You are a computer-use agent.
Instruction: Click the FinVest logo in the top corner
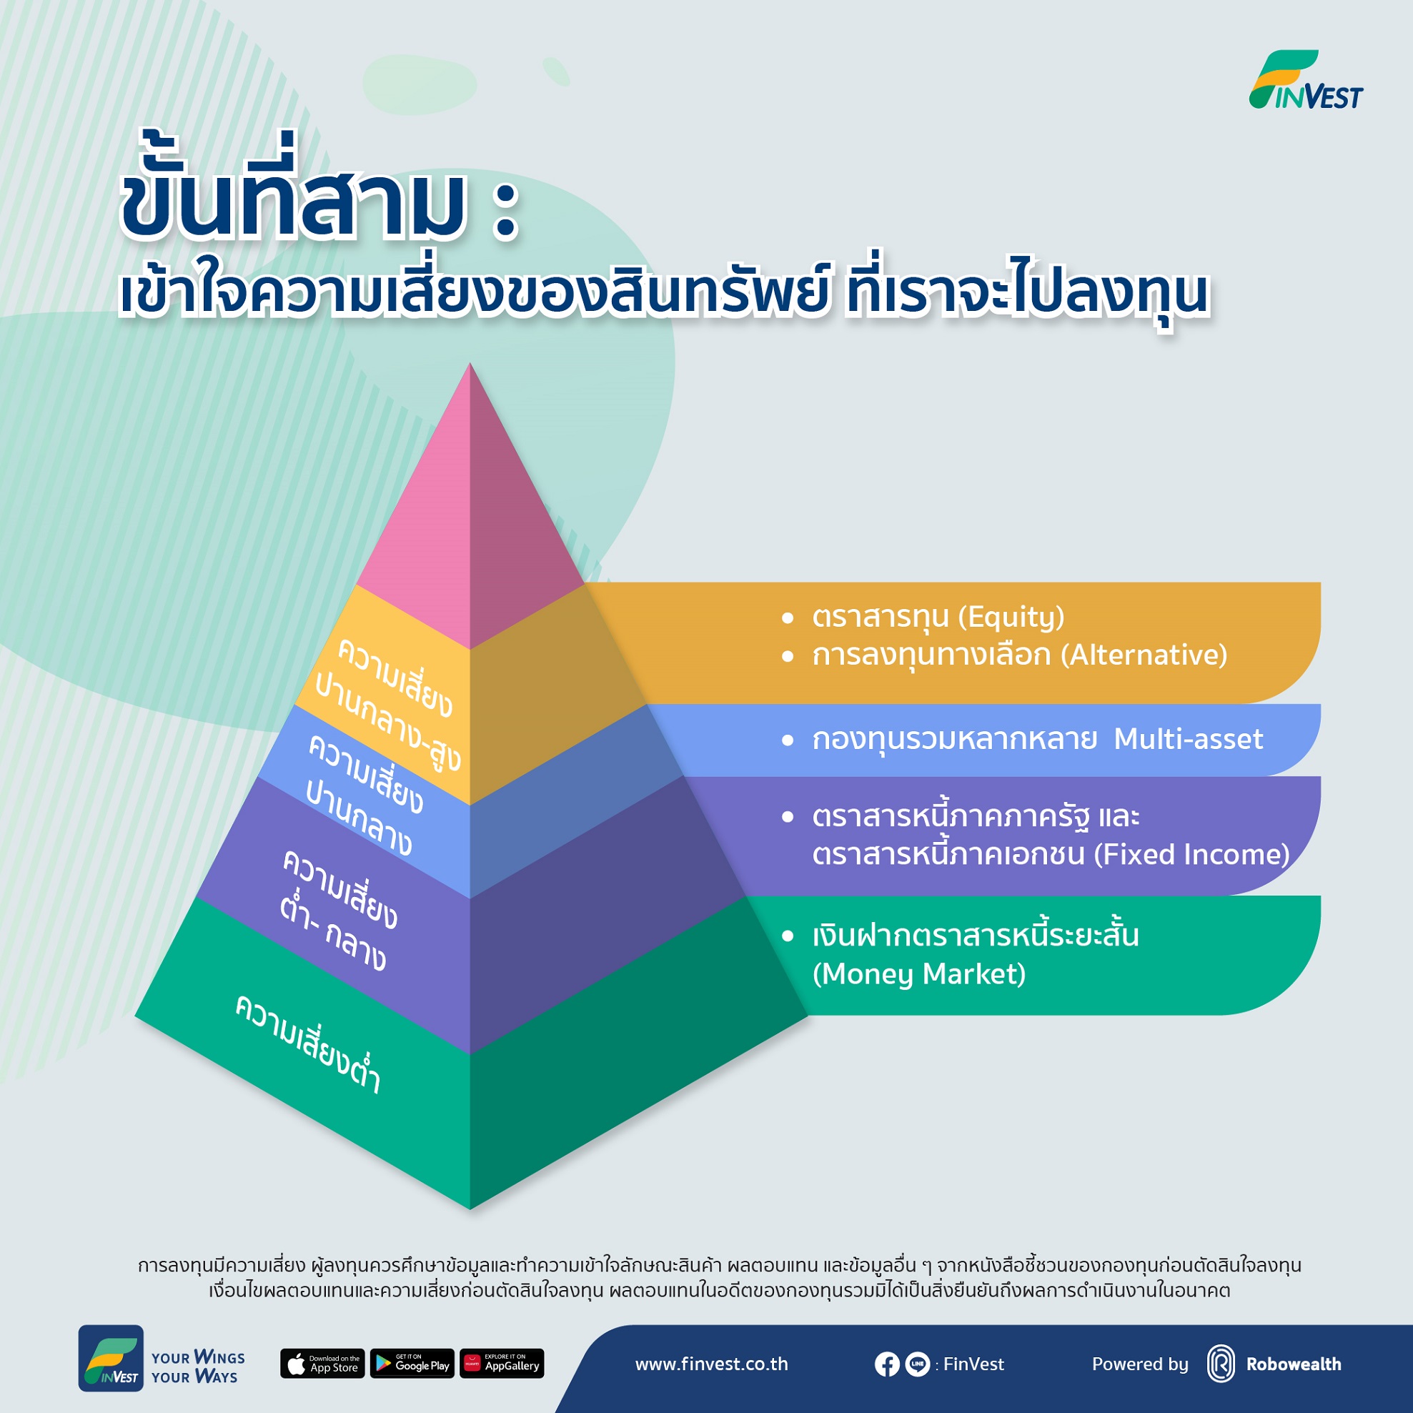pos(1306,81)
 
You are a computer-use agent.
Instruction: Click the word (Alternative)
pos(1144,655)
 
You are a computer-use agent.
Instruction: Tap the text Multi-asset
pos(1188,740)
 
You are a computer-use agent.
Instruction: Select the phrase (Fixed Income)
pos(1191,854)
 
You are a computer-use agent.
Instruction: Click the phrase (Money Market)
pos(918,974)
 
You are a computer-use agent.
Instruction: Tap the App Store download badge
pos(322,1364)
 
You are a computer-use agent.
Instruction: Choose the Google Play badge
pos(412,1364)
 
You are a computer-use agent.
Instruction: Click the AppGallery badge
pos(502,1364)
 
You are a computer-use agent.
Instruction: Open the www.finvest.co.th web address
pos(712,1364)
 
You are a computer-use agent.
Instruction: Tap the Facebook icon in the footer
pos(886,1364)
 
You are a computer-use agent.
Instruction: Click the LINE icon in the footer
pos(917,1364)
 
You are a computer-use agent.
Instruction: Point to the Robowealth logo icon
pos(1221,1364)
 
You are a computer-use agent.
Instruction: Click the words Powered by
pos(1139,1364)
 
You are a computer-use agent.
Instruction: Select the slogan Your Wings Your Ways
pos(197,1368)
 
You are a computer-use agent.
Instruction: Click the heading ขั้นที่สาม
pos(292,201)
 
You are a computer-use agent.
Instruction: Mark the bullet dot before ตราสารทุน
pos(788,619)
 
